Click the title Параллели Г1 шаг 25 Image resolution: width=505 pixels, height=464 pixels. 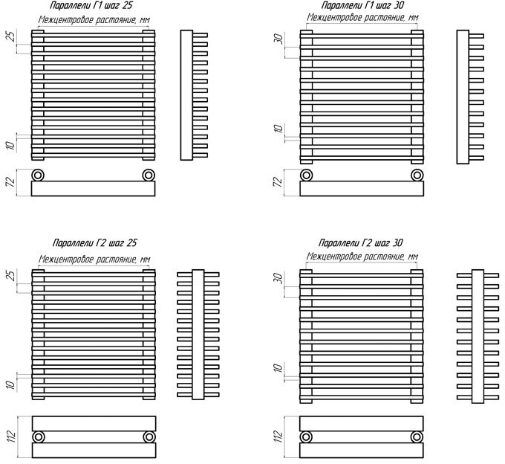tap(91, 5)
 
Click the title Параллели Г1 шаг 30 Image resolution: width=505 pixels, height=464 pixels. tap(357, 5)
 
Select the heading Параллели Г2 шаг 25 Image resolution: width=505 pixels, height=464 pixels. tap(94, 244)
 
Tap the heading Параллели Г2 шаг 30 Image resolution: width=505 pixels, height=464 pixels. tap(361, 244)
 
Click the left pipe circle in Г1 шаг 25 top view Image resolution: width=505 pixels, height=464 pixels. tap(39, 175)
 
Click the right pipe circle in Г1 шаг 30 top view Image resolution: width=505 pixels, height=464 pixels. tap(417, 175)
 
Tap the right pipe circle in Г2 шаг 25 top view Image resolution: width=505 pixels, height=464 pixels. tap(149, 436)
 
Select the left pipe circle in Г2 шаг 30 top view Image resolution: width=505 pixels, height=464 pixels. tap(306, 436)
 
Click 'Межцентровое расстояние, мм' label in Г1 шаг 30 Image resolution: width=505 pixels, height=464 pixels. tap(362, 17)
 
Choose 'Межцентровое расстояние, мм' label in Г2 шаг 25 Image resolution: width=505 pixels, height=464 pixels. tap(94, 258)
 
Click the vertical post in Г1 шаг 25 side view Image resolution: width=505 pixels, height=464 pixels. tap(186, 94)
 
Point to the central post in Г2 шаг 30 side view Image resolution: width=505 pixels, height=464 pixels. tap(476, 334)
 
